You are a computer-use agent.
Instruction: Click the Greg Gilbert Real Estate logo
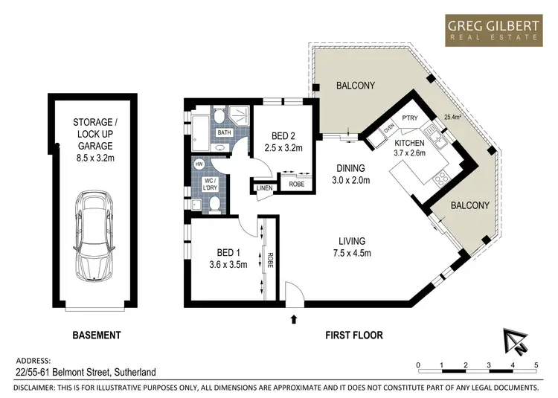494,31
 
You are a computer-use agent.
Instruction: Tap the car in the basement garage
94,236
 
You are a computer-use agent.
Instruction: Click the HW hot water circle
199,164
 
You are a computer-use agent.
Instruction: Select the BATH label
224,132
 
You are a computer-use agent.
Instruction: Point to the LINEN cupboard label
264,187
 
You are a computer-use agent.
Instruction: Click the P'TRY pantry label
410,118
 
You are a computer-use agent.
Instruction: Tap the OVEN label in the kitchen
389,128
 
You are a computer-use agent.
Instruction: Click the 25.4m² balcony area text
452,116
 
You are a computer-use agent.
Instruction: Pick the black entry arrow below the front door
294,319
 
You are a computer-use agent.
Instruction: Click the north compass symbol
515,341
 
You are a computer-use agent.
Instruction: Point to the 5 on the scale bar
536,365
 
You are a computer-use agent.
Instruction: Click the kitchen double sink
436,139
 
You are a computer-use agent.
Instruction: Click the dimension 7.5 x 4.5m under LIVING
352,253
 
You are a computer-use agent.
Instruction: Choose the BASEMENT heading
97,335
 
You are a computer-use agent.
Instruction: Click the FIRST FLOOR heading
354,335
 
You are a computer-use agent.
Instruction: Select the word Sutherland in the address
135,373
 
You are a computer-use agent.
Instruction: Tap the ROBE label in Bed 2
296,184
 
